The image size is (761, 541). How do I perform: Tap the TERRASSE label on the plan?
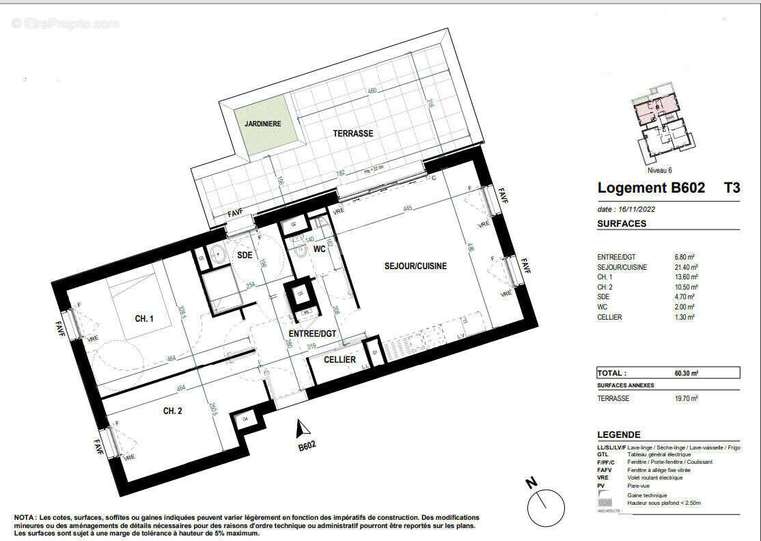click(353, 134)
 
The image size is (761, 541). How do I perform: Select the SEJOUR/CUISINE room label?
click(415, 266)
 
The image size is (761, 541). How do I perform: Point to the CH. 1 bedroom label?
click(144, 319)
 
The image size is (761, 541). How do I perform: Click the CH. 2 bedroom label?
click(172, 411)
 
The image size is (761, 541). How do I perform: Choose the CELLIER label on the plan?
click(340, 359)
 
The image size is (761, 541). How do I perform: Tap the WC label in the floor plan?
click(319, 250)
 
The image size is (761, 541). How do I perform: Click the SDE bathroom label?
click(245, 255)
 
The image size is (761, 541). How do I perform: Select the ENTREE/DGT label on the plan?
click(314, 333)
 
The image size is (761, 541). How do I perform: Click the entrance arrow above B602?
click(301, 428)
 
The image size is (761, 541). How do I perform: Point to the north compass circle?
click(546, 506)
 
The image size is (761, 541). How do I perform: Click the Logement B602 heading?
click(651, 188)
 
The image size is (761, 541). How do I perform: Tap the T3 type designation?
click(731, 188)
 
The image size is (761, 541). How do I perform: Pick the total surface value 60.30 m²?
click(686, 373)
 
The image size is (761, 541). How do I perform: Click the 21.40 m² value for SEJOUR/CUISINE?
click(686, 267)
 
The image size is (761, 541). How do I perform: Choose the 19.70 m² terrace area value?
click(686, 398)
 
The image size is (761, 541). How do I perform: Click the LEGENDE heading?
click(619, 434)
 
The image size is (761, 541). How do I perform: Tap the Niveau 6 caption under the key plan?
click(659, 171)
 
